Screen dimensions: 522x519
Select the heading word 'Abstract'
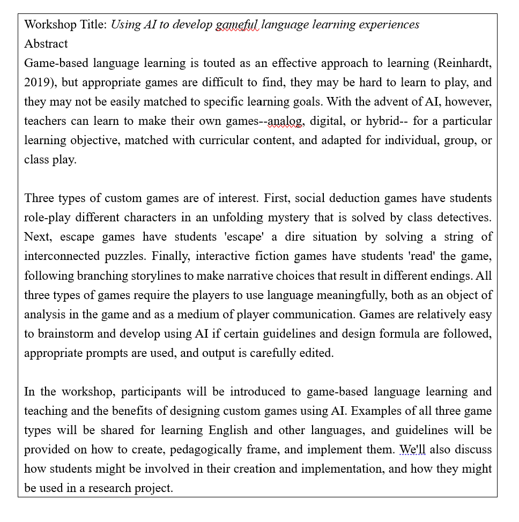click(x=46, y=44)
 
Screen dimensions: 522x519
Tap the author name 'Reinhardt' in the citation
click(x=462, y=63)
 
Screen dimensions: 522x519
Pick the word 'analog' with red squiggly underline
click(x=286, y=121)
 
